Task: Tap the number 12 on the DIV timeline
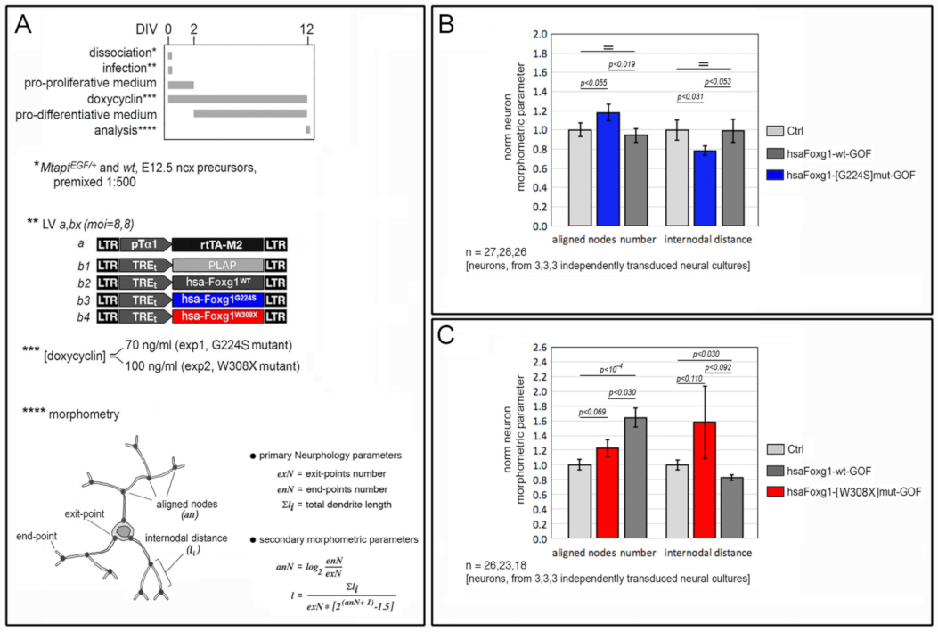click(x=307, y=29)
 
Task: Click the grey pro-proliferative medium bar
click(x=181, y=85)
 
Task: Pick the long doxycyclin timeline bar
click(x=238, y=99)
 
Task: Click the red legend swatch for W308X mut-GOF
click(x=775, y=491)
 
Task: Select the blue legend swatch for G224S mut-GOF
click(x=775, y=172)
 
